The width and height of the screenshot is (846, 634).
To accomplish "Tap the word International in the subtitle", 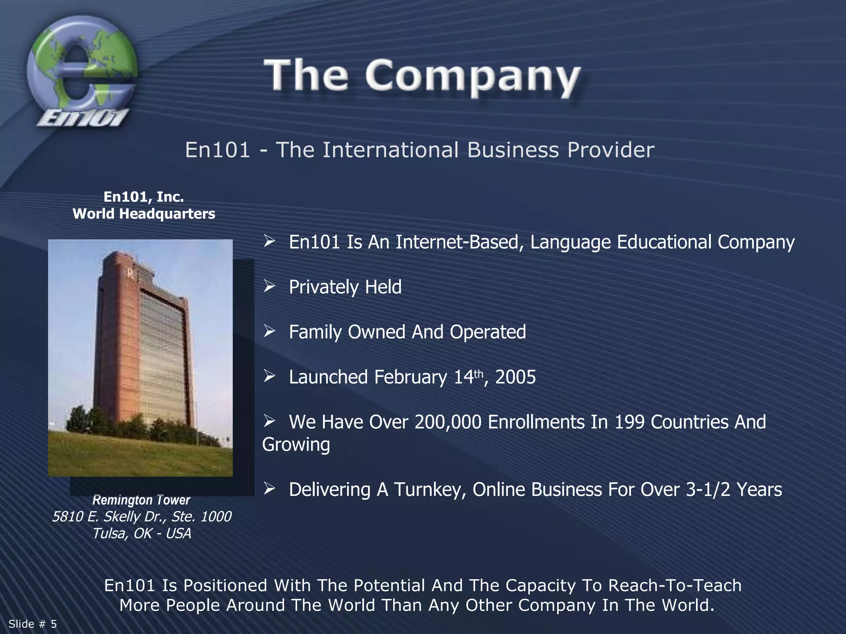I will (390, 149).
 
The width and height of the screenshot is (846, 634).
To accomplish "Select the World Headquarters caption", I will (144, 214).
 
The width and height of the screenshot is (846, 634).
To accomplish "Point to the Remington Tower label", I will (141, 500).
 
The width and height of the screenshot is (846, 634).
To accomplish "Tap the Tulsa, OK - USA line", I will (141, 533).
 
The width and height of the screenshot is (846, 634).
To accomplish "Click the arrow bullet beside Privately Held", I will (269, 286).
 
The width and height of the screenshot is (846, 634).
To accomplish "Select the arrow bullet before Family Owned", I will (269, 331).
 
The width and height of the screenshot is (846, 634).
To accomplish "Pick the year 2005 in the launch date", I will (515, 377).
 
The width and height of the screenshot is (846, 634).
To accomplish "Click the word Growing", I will (296, 445).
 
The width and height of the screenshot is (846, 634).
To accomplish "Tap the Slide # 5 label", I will (33, 624).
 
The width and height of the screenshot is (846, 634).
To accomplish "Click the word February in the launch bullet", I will (411, 377).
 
